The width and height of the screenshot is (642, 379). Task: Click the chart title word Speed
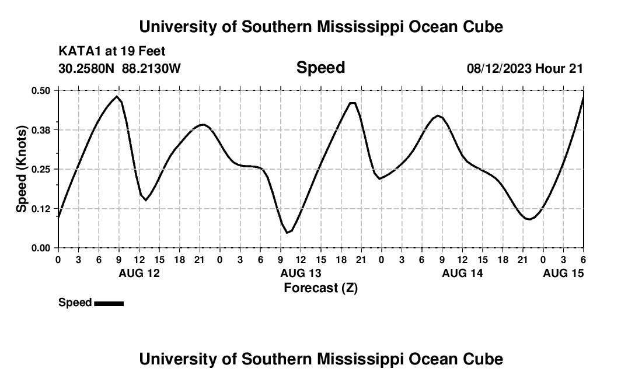320,68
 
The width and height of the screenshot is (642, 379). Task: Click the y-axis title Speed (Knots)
22,169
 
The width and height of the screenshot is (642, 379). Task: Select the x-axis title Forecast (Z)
320,287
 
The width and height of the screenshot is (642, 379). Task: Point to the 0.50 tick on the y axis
41,90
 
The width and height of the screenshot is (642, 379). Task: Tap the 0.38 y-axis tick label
41,130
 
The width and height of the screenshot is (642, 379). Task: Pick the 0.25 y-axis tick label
41,169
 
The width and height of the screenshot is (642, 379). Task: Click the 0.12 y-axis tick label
41,209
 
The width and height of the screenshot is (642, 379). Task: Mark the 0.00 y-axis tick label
41,248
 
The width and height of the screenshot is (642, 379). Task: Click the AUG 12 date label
139,273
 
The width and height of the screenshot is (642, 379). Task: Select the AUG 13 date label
301,273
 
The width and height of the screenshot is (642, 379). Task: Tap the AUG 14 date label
462,273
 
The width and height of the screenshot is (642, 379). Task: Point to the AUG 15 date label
563,273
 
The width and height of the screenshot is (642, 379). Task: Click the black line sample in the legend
109,303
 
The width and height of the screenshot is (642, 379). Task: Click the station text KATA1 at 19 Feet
112,51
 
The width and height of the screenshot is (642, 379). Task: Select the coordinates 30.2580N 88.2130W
120,69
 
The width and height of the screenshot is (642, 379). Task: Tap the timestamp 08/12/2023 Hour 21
525,69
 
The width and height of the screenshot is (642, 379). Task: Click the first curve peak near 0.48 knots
117,97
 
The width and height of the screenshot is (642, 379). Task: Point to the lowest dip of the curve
287,233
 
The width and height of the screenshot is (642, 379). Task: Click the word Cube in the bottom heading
484,359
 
